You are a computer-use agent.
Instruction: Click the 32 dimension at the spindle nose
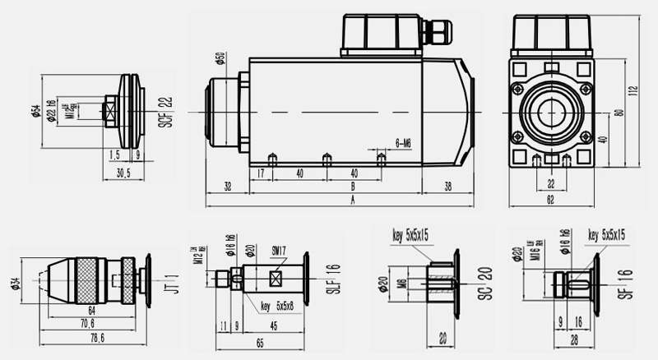click(x=227, y=186)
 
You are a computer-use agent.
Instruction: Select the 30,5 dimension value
click(x=124, y=172)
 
